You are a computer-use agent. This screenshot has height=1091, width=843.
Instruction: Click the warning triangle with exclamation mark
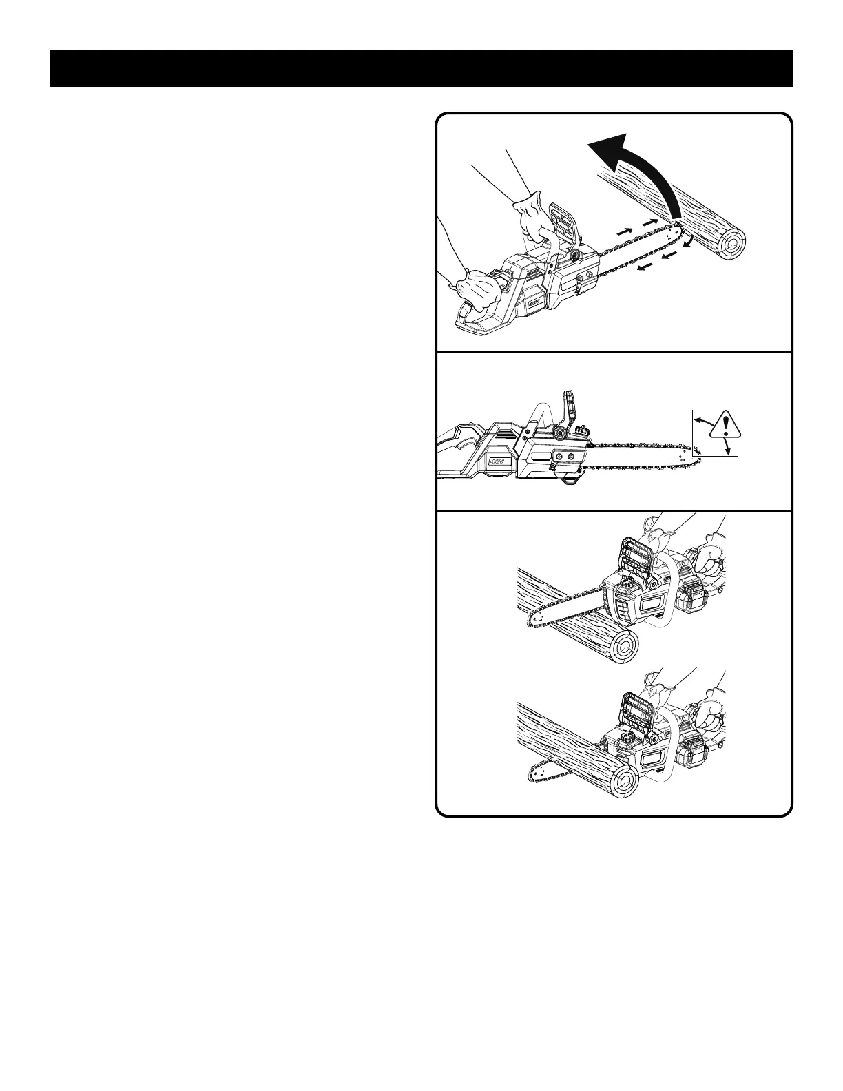click(x=724, y=426)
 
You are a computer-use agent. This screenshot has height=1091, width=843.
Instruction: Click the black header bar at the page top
click(x=421, y=68)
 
